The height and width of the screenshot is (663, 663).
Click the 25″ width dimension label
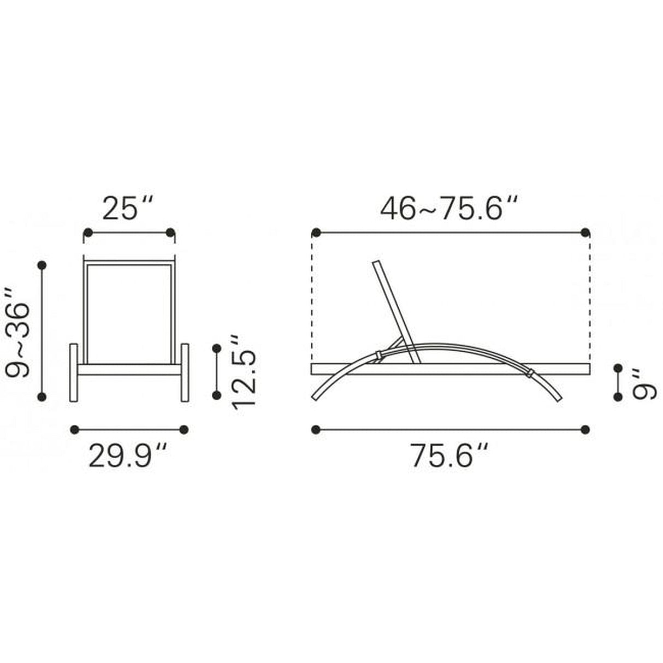pyautogui.click(x=128, y=209)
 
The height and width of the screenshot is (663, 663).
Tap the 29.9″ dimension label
pyautogui.click(x=128, y=456)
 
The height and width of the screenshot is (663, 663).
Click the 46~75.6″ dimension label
pyautogui.click(x=449, y=209)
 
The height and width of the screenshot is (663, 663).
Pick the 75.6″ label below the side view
pyautogui.click(x=449, y=456)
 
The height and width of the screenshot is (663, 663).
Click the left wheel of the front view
pyautogui.click(x=74, y=372)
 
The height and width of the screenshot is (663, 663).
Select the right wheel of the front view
pyautogui.click(x=185, y=372)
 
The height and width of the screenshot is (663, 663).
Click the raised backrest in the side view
pyautogui.click(x=396, y=312)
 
